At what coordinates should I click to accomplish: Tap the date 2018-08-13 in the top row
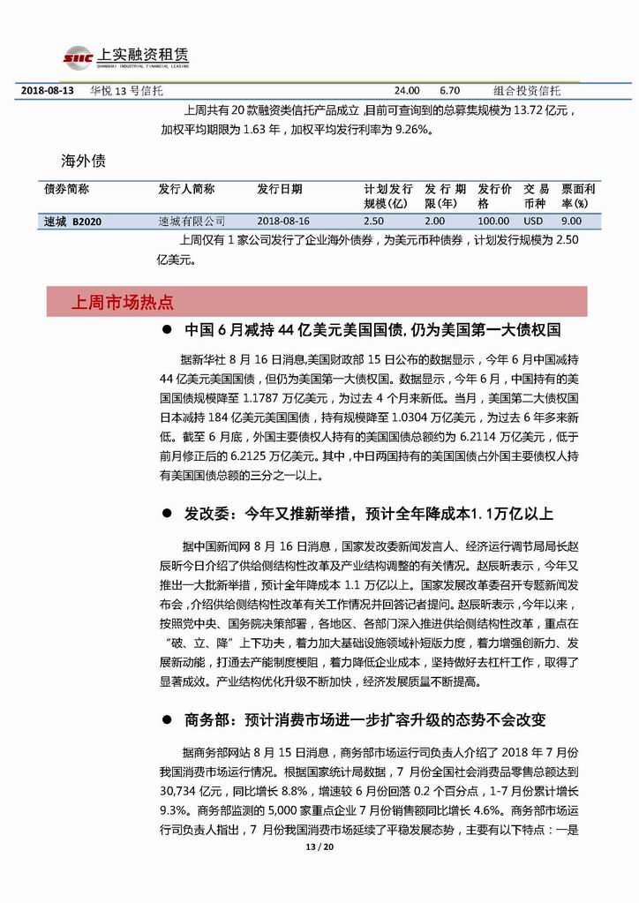[47, 90]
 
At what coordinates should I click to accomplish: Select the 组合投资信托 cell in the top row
[526, 90]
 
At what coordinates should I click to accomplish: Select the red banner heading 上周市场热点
[123, 303]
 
